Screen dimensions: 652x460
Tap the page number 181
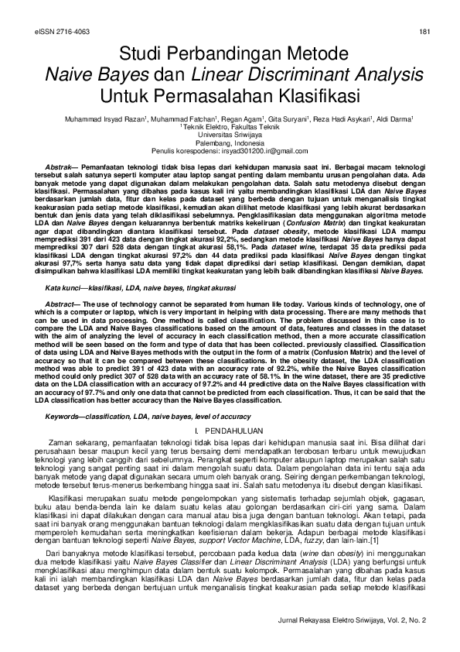click(x=424, y=32)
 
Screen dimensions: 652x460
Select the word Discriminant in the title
click(x=305, y=75)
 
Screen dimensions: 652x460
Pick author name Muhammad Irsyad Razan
click(x=99, y=120)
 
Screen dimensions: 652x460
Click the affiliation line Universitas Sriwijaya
click(x=230, y=134)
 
